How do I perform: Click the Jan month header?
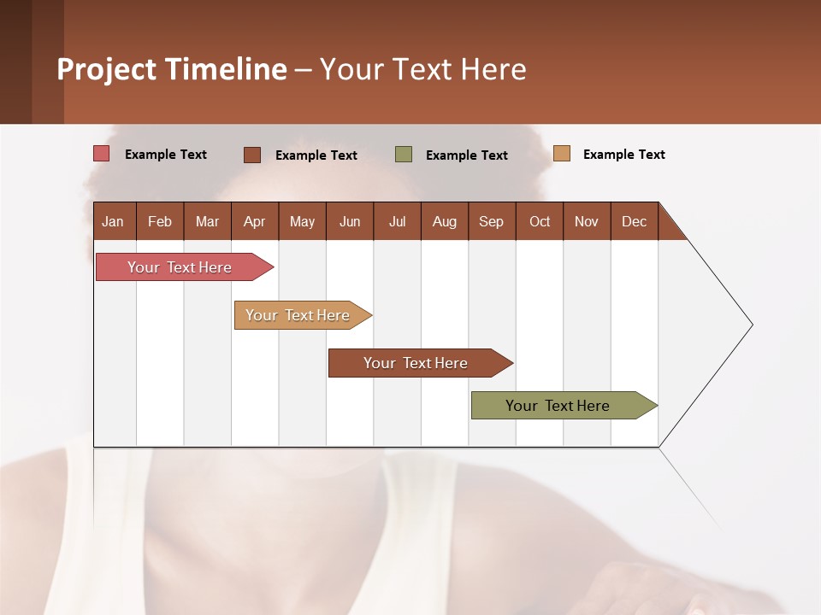point(113,221)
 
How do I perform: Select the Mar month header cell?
point(207,221)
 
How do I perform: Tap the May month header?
point(302,221)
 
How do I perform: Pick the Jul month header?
point(397,221)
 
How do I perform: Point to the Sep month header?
point(491,221)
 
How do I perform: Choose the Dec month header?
point(634,221)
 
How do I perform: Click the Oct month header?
point(540,221)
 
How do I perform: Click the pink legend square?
point(102,154)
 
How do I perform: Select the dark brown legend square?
point(252,155)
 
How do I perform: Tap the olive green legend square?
point(404,155)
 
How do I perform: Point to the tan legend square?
point(562,154)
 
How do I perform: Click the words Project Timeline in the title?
point(171,69)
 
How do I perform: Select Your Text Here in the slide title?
point(423,69)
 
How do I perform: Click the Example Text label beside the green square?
point(466,155)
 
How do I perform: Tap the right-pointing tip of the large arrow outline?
point(750,325)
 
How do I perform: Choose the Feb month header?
point(160,221)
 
